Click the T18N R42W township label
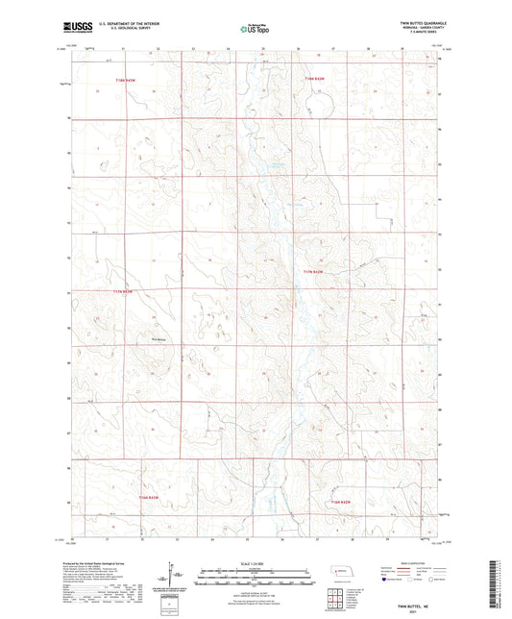click(x=315, y=79)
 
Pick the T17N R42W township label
click(x=315, y=273)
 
